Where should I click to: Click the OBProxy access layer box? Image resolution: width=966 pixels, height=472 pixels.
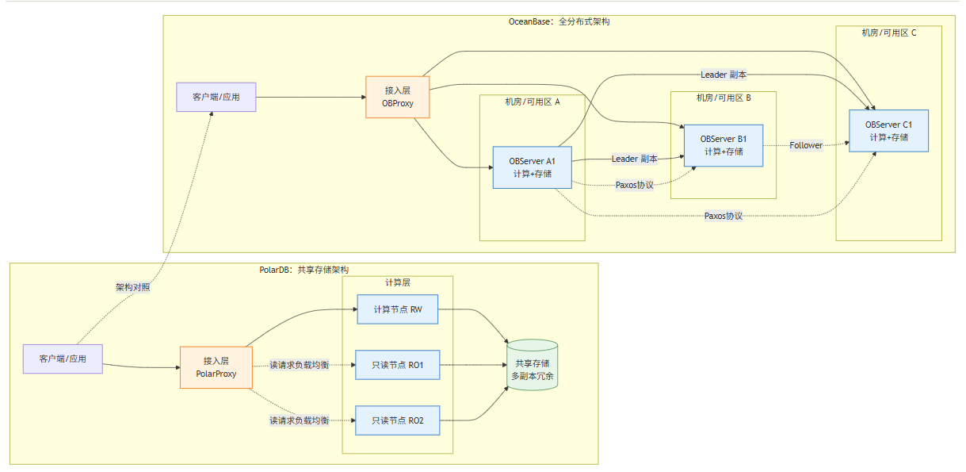[x=397, y=97]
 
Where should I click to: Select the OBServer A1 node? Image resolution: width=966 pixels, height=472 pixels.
[x=532, y=167]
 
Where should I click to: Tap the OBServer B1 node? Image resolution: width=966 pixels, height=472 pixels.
[x=723, y=145]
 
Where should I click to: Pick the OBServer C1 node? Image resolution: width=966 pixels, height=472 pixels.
[x=888, y=131]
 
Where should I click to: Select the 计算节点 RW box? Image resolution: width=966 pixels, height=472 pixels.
[x=396, y=309]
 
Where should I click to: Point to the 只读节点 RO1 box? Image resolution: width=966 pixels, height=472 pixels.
[x=396, y=366]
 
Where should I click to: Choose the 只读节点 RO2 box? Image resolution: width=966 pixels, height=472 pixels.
[x=396, y=420]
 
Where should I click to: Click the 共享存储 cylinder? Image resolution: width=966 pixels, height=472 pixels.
[x=532, y=366]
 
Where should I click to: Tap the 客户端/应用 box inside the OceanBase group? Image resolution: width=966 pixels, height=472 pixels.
[x=216, y=97]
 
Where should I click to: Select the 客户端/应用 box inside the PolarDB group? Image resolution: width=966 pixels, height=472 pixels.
[x=63, y=359]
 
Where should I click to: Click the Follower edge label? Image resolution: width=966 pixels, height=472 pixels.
[x=806, y=145]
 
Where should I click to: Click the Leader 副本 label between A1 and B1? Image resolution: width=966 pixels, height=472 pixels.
[x=634, y=159]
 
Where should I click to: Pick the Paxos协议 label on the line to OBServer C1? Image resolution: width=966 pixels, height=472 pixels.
[x=723, y=216]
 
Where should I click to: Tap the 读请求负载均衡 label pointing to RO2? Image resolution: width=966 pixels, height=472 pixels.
[x=298, y=420]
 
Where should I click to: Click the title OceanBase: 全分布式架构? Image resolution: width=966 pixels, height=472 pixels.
[x=559, y=22]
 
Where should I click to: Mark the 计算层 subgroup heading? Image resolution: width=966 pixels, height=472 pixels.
[x=397, y=282]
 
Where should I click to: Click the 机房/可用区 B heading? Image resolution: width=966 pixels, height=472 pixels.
[x=723, y=98]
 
